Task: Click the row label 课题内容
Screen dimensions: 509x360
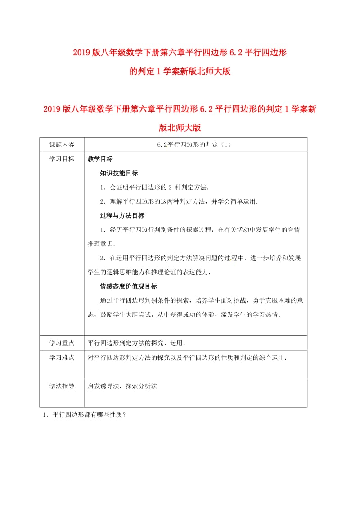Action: (x=62, y=145)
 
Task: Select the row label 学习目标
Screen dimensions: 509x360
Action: (x=62, y=159)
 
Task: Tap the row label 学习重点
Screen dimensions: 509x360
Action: (x=62, y=343)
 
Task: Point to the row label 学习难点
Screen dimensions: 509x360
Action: (x=62, y=358)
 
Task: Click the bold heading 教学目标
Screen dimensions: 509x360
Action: (x=100, y=159)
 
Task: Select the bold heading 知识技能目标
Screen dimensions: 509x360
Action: (x=119, y=173)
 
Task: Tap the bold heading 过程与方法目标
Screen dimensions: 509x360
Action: (x=122, y=215)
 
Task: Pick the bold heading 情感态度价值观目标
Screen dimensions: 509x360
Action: (x=128, y=286)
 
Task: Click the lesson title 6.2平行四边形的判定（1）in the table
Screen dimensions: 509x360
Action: (x=195, y=145)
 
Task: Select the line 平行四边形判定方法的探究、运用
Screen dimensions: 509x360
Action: (x=136, y=343)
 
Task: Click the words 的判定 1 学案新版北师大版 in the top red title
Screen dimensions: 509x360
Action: (x=180, y=71)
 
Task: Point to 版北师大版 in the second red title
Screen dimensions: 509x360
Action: (x=180, y=128)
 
